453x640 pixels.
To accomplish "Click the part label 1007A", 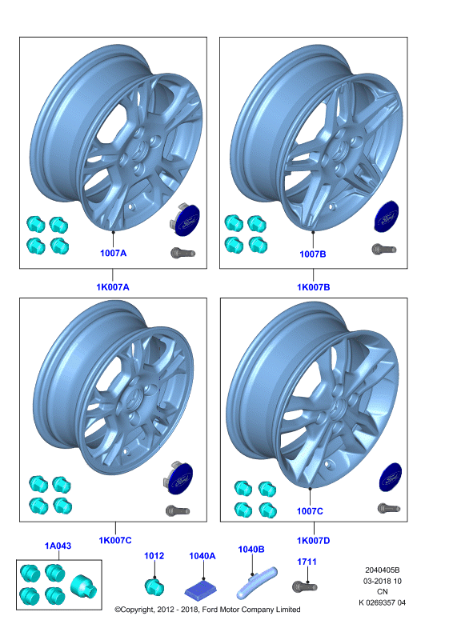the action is click(x=113, y=253).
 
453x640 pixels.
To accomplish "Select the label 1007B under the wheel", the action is click(x=313, y=254).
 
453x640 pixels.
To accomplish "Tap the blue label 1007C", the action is click(x=310, y=511).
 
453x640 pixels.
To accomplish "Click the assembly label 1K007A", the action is click(x=113, y=287).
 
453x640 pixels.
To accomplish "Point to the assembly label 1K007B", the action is click(x=313, y=287).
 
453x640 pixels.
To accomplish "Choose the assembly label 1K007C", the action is click(x=115, y=541).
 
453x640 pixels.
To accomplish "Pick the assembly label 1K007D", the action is click(x=313, y=541).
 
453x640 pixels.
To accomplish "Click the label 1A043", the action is click(x=58, y=546).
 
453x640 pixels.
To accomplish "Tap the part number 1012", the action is click(x=154, y=555).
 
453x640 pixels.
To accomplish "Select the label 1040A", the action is click(x=202, y=556).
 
